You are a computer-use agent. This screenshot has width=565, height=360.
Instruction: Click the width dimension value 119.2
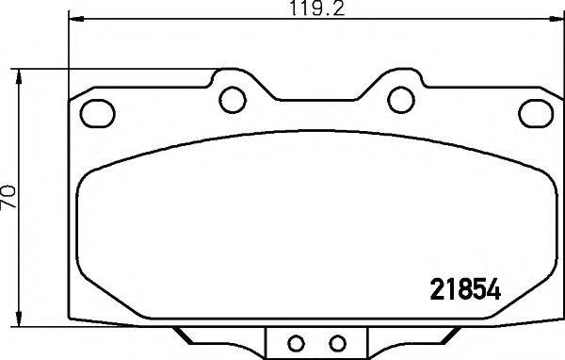pyautogui.click(x=306, y=10)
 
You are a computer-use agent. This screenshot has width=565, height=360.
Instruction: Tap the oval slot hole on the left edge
pyautogui.click(x=96, y=112)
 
